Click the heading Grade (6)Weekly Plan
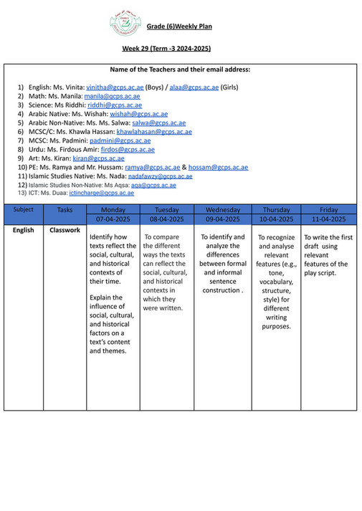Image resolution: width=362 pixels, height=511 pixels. pyautogui.click(x=179, y=27)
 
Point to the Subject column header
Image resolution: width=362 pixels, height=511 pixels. pyautogui.click(x=23, y=210)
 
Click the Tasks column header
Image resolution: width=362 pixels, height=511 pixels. pyautogui.click(x=65, y=210)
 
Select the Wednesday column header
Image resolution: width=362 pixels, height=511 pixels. pyautogui.click(x=222, y=210)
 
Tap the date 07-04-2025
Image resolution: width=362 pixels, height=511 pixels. pyautogui.click(x=110, y=219)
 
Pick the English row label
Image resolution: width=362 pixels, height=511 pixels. pyautogui.click(x=23, y=230)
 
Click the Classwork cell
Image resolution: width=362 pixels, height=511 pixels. pyautogui.click(x=65, y=230)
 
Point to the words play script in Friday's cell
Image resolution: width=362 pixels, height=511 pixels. pyautogui.click(x=318, y=273)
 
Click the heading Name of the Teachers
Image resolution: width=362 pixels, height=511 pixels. pyautogui.click(x=180, y=70)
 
